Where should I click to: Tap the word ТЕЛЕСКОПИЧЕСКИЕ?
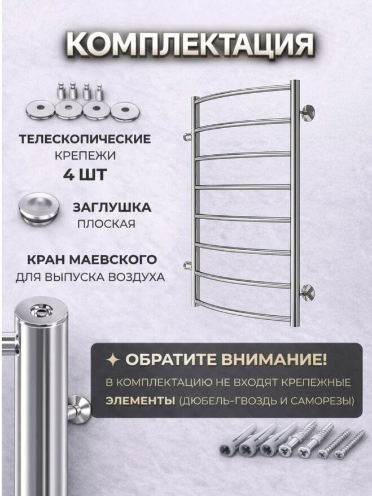tap(85, 139)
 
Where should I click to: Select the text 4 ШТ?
tap(85, 175)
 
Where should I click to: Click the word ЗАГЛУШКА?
tap(112, 207)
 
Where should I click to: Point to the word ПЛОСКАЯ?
tap(107, 224)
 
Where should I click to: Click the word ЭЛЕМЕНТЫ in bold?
tap(140, 401)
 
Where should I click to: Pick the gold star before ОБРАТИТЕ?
tap(113, 360)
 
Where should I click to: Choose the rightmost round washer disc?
tap(125, 111)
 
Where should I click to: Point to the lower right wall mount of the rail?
tap(308, 292)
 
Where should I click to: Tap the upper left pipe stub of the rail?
tap(189, 136)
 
